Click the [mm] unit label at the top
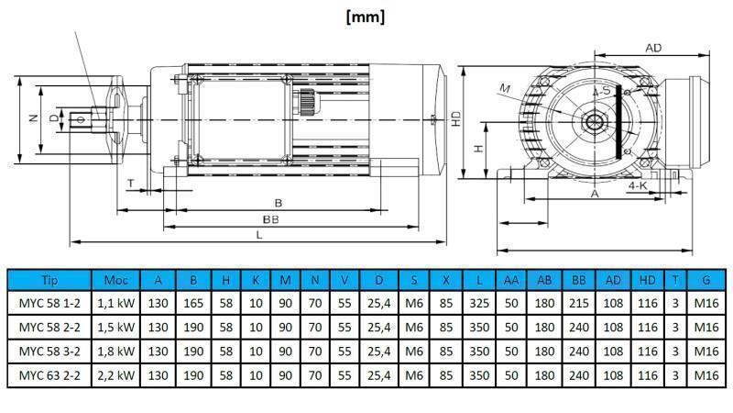(366, 17)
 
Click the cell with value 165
(193, 303)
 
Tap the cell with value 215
(578, 303)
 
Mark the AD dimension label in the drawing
(653, 48)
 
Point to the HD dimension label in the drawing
(456, 119)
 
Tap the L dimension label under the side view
(260, 235)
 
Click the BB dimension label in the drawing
(271, 219)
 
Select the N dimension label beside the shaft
(31, 118)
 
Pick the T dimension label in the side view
(131, 184)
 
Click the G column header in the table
(705, 280)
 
